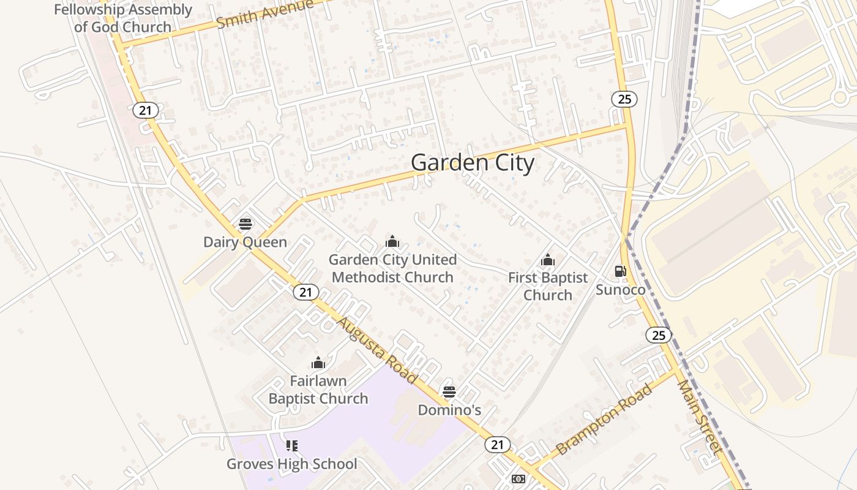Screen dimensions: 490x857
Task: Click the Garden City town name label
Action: coord(472,163)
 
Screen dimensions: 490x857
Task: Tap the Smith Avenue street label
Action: coord(265,14)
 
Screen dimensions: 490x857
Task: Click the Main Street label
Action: coord(700,416)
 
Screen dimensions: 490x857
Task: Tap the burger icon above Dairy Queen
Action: coord(245,224)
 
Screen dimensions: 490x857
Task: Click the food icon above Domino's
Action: coord(449,392)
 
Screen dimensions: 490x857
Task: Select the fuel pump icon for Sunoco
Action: coord(620,271)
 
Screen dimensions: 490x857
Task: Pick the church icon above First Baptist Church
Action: coord(548,260)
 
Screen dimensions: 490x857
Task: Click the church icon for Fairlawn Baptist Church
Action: coord(318,363)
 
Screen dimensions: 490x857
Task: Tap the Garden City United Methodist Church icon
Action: coord(392,241)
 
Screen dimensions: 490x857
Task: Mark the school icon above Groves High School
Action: coord(291,445)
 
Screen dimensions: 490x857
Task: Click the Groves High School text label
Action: coord(291,464)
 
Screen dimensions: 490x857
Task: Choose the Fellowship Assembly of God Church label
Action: coord(123,18)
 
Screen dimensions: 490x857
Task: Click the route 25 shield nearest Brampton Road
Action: coord(658,335)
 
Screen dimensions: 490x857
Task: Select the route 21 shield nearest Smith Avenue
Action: coord(145,110)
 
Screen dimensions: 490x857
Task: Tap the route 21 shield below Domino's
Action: coord(497,445)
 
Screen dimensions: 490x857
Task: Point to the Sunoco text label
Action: coord(621,290)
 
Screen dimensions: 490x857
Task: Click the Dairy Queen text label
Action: coord(245,242)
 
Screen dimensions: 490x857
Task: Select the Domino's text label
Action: coord(449,410)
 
